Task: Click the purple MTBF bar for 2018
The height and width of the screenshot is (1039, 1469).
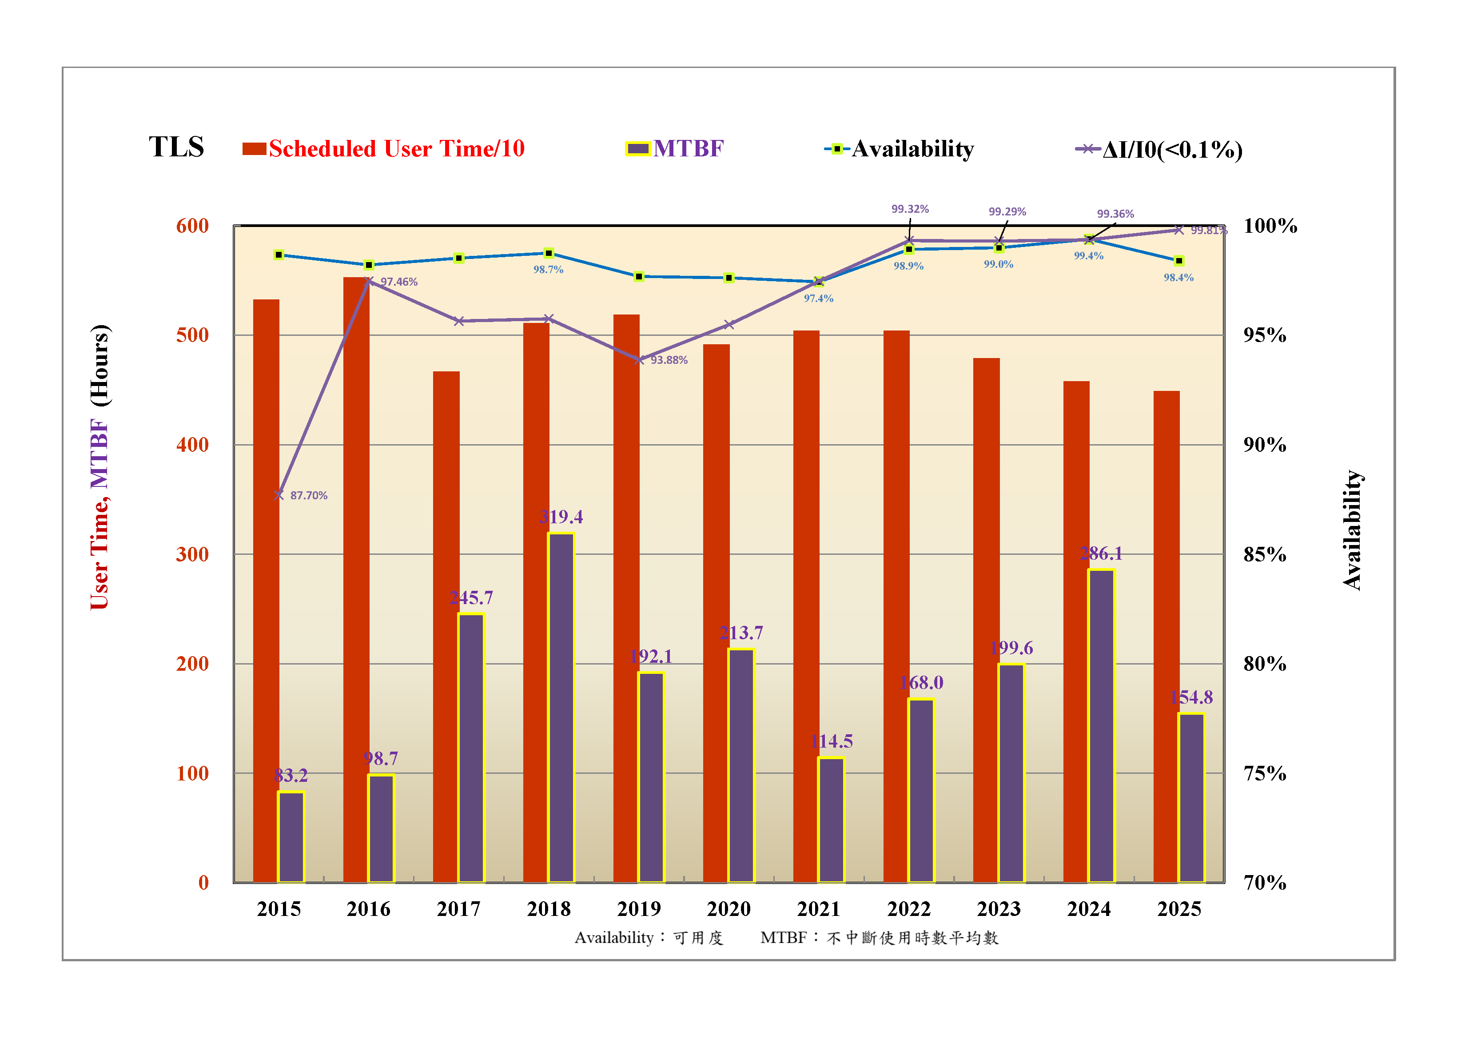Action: [x=561, y=707]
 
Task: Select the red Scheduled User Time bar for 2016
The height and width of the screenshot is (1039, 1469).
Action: [x=356, y=576]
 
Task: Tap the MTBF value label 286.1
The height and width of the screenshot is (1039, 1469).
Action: [x=1101, y=553]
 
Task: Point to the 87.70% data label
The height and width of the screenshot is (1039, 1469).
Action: [x=308, y=496]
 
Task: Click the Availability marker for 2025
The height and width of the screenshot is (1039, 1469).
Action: [x=1178, y=261]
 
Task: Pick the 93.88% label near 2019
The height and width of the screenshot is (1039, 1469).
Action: [x=669, y=360]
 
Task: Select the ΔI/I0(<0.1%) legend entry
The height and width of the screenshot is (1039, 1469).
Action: [x=1159, y=150]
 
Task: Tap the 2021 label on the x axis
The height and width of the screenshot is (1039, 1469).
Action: [x=818, y=909]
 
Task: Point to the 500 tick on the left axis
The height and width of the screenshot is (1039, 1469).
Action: [x=193, y=335]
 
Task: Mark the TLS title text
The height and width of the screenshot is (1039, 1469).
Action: [x=177, y=147]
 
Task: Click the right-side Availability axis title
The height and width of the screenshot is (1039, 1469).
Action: [x=1351, y=530]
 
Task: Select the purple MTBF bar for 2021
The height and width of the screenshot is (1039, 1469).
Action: [x=831, y=820]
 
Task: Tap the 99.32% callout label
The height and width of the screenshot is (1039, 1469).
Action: [x=910, y=209]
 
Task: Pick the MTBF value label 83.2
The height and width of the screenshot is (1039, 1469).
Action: [x=291, y=776]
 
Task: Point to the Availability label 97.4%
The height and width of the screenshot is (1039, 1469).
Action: [x=818, y=298]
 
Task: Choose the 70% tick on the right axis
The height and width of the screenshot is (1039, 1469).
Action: [x=1264, y=883]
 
